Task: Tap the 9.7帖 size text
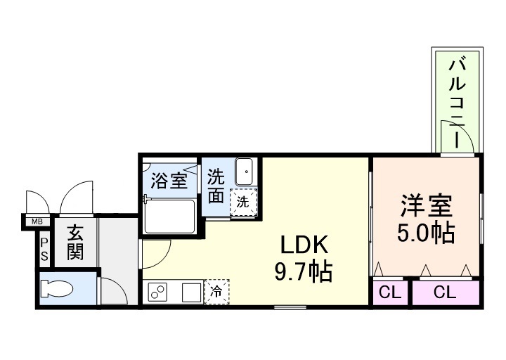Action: pyautogui.click(x=304, y=269)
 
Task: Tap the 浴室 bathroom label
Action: pyautogui.click(x=169, y=181)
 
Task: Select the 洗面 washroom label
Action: pyautogui.click(x=216, y=186)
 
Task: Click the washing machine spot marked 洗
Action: pyautogui.click(x=242, y=200)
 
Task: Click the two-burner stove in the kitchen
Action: pyautogui.click(x=157, y=291)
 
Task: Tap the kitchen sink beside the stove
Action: pyautogui.click(x=190, y=291)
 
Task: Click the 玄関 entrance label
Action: pyautogui.click(x=74, y=241)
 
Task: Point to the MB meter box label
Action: pyautogui.click(x=35, y=223)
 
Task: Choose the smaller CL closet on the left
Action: pyautogui.click(x=390, y=292)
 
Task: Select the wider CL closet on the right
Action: pyautogui.click(x=444, y=292)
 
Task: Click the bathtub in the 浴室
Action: pyautogui.click(x=169, y=216)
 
